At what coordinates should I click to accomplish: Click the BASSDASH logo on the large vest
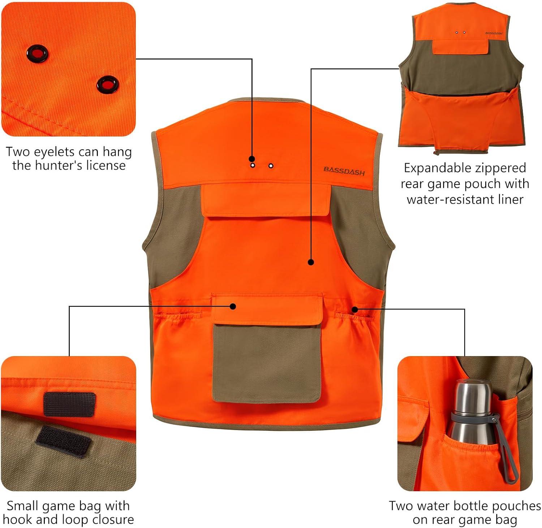(344, 170)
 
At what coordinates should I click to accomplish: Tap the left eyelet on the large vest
(253, 165)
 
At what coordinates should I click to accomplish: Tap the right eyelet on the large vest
(271, 166)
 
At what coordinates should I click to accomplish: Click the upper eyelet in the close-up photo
(37, 53)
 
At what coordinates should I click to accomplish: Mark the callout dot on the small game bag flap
(233, 306)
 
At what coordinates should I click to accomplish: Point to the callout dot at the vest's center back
(311, 263)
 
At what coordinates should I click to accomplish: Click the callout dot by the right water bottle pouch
(355, 309)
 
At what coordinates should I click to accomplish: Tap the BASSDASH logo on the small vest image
(494, 33)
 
